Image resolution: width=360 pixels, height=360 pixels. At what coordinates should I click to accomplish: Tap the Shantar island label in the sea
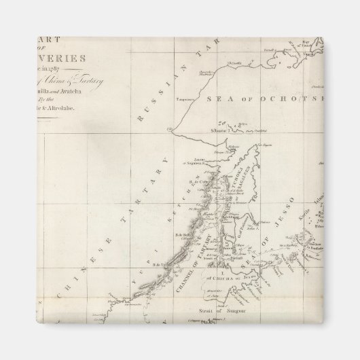[219, 128]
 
